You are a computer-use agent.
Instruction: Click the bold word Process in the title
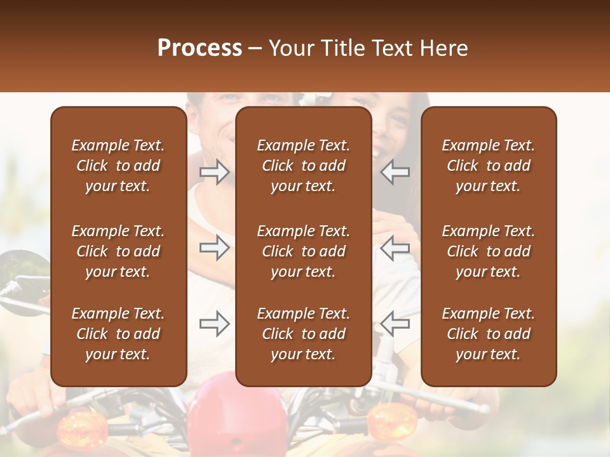tap(200, 48)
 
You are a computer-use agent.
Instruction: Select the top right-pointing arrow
tap(215, 172)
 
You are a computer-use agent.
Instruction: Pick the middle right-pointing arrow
tap(215, 248)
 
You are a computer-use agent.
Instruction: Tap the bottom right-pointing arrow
tap(215, 324)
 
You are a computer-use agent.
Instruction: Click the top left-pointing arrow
tap(395, 172)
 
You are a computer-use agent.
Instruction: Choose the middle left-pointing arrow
tap(395, 248)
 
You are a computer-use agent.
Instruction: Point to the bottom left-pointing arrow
tap(395, 324)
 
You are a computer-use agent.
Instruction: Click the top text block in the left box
tap(118, 166)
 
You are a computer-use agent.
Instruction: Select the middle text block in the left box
tap(118, 251)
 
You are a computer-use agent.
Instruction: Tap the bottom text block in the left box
tap(118, 334)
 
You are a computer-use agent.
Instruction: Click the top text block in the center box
tap(304, 166)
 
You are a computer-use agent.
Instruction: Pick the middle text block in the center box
tap(304, 251)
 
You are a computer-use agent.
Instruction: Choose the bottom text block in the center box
tap(304, 334)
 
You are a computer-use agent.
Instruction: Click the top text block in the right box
tap(489, 166)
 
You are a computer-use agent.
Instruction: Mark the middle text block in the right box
tap(489, 251)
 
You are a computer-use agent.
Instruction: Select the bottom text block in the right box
tap(489, 334)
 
